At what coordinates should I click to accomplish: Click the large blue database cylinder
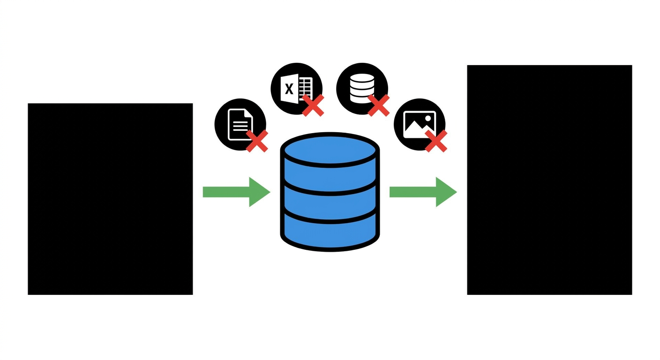[330, 192]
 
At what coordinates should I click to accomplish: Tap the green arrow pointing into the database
[236, 192]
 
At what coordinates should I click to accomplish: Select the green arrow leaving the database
[423, 192]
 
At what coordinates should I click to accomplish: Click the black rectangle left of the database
[110, 199]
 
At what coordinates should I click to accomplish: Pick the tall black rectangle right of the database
[549, 180]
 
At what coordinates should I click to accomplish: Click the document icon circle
[240, 124]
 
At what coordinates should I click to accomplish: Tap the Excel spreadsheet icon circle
[296, 89]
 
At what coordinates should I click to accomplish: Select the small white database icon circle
[362, 89]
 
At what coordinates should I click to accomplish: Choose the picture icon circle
[419, 124]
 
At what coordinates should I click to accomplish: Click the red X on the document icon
[257, 141]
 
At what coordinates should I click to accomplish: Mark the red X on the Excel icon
[313, 105]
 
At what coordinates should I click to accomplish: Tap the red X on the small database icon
[379, 105]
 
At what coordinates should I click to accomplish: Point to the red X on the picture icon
[436, 141]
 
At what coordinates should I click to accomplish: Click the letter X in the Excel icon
[289, 89]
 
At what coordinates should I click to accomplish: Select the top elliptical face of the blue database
[330, 150]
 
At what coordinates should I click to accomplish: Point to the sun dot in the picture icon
[428, 118]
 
